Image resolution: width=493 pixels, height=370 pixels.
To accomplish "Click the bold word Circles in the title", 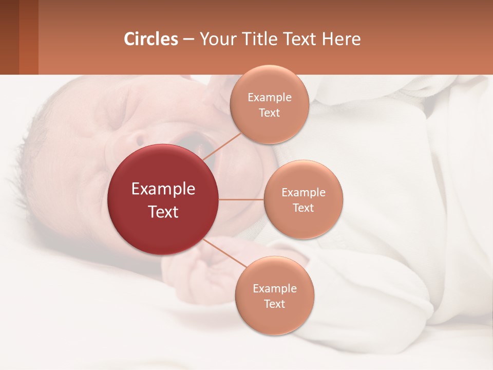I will (x=151, y=39).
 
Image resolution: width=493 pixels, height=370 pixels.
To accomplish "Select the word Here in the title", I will (x=341, y=39).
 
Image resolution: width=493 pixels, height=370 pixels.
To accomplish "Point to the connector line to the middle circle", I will (x=241, y=199).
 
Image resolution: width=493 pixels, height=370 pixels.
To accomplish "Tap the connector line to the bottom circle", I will (x=224, y=253).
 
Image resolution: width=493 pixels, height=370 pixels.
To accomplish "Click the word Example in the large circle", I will (x=163, y=189).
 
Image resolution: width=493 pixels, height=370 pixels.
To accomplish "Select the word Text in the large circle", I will (x=163, y=212).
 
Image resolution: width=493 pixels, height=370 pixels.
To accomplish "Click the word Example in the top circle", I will (x=270, y=98).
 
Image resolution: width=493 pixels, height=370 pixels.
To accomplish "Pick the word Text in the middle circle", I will (x=304, y=208).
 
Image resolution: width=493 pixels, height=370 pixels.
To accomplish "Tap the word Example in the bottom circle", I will (x=274, y=288).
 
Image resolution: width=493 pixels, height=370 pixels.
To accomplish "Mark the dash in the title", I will (x=188, y=40).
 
